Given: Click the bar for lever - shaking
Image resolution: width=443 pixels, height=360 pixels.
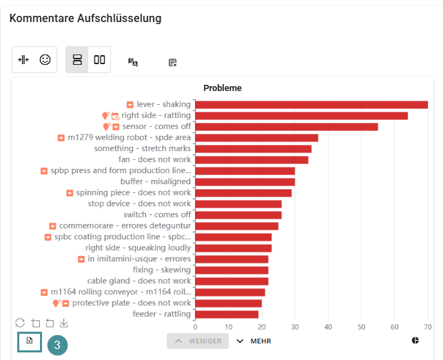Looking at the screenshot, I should click(311, 105).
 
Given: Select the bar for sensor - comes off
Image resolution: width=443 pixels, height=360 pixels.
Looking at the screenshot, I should click(287, 127).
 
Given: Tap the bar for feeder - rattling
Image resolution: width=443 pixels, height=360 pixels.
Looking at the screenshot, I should click(227, 314).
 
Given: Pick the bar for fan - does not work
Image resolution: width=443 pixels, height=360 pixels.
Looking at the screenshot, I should click(251, 160).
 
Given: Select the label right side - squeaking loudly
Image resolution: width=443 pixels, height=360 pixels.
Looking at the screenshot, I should click(138, 248).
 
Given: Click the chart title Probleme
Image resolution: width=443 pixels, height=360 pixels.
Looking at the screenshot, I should click(222, 88).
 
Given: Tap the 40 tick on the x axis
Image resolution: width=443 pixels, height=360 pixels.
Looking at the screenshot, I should click(328, 327).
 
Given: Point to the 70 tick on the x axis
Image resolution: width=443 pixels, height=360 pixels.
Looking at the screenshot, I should click(427, 327).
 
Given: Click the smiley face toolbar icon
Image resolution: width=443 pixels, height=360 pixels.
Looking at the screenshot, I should click(45, 60).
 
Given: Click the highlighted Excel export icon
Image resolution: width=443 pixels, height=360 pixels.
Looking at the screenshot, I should click(30, 341).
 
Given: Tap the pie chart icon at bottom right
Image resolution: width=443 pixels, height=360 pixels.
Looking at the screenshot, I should click(415, 341).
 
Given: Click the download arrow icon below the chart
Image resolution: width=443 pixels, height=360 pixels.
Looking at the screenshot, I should click(63, 323).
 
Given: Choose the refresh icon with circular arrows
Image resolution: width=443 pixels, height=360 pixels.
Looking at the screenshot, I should click(20, 323).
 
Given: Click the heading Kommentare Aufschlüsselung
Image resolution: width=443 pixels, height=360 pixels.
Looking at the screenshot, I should click(85, 19).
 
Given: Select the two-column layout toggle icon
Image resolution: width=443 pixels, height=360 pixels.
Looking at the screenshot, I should click(99, 60).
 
